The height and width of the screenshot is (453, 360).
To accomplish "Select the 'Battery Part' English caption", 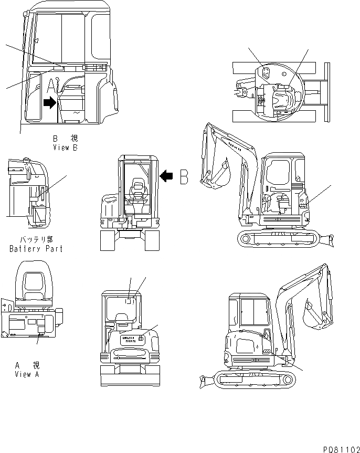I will click(36, 249).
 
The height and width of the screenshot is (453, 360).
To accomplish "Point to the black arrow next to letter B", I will click(167, 176).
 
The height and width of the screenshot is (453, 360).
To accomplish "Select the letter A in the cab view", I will click(51, 86).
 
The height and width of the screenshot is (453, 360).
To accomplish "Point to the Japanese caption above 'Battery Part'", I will click(36, 239).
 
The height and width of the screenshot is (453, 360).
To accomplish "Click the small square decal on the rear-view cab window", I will click(130, 301).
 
